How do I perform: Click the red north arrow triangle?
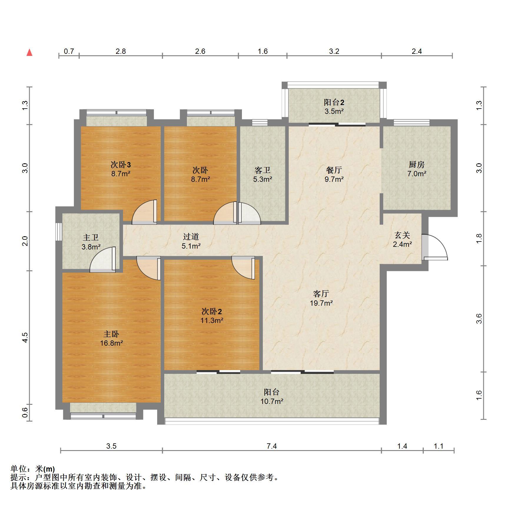(29, 53)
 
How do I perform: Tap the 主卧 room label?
(111, 334)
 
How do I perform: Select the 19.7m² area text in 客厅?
(321, 303)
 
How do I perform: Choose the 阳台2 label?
(334, 102)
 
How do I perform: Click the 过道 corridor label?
(191, 237)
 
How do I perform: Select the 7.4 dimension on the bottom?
(272, 446)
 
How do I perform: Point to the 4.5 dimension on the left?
(25, 337)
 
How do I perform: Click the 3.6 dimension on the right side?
(479, 319)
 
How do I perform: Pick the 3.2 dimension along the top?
(334, 51)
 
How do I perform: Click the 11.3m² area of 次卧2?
(212, 320)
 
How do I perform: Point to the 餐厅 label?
(334, 170)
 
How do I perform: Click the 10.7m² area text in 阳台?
(272, 401)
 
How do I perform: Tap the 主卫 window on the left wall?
(59, 232)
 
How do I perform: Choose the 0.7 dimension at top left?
(69, 51)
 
